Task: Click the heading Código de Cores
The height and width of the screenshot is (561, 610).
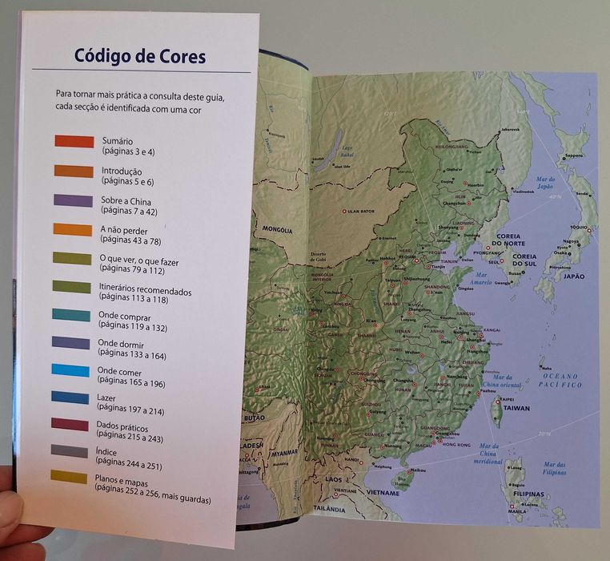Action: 140,56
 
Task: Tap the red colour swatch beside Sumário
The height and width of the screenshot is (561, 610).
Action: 74,141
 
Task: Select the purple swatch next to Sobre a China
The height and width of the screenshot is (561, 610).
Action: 73,200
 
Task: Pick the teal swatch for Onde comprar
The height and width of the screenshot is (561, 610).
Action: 71,315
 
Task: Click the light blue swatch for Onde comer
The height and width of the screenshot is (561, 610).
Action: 70,370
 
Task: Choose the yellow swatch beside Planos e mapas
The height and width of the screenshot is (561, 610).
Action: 69,476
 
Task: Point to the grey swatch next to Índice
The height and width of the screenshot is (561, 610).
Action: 70,451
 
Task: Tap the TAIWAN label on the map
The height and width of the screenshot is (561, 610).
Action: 516,408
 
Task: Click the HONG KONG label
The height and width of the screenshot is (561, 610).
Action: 455,444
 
